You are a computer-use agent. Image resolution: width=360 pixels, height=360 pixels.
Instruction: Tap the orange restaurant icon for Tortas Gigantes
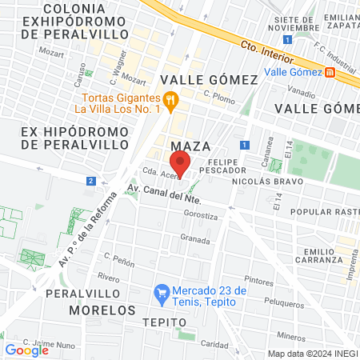pos(170,99)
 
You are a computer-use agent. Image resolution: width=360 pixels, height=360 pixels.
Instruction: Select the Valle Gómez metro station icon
pos(330,72)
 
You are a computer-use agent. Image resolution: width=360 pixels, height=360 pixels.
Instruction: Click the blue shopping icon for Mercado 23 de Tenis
pos(162,294)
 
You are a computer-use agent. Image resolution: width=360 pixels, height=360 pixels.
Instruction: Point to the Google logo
pos(26,350)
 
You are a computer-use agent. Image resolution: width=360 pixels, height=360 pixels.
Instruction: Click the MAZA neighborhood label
pos(190,146)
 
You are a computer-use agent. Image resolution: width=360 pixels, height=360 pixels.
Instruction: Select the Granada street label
pos(195,238)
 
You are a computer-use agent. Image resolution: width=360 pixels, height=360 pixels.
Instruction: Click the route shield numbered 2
pos(92,182)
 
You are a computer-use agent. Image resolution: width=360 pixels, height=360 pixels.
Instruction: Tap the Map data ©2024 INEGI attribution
pos(312,353)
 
